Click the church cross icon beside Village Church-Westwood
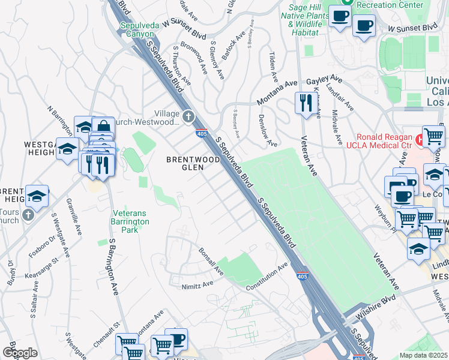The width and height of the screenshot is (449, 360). click(188, 116)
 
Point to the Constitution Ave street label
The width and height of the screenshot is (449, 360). click(271, 277)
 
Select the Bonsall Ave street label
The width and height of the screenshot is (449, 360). click(211, 262)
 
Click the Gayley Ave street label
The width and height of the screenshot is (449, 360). click(324, 80)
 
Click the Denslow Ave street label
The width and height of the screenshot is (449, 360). click(267, 131)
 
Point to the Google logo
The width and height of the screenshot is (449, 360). click(20, 353)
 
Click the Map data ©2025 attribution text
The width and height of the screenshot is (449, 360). click(423, 355)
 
